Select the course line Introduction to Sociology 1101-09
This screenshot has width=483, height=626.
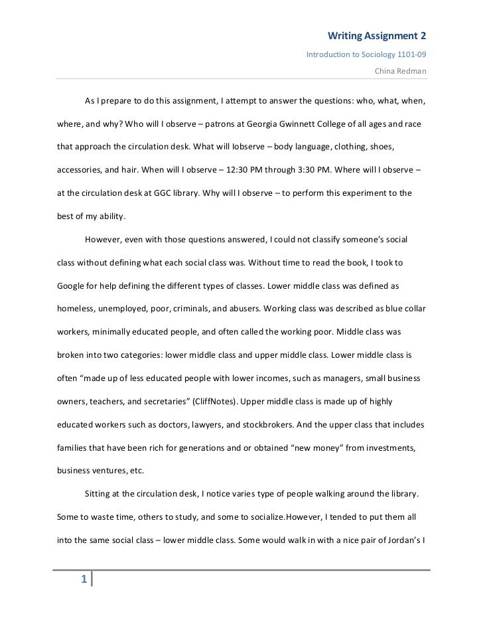pyautogui.click(x=366, y=53)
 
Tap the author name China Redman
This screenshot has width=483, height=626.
pyautogui.click(x=401, y=69)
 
